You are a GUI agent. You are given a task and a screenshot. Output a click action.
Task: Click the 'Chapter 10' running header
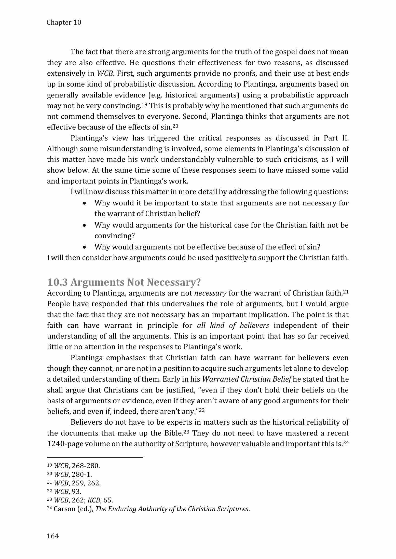tap(64, 23)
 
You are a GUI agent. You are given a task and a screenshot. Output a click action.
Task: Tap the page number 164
tap(53, 536)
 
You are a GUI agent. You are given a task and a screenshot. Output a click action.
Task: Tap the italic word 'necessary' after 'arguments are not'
tap(210, 293)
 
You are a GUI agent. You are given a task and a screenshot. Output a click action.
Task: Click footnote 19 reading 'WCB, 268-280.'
tap(74, 466)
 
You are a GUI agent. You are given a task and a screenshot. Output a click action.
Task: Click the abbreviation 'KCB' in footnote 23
tap(94, 500)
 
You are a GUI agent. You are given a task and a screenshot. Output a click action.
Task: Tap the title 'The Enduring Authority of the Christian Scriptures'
tap(172, 509)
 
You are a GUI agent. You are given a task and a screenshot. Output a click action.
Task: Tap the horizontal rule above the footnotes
tap(95, 457)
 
